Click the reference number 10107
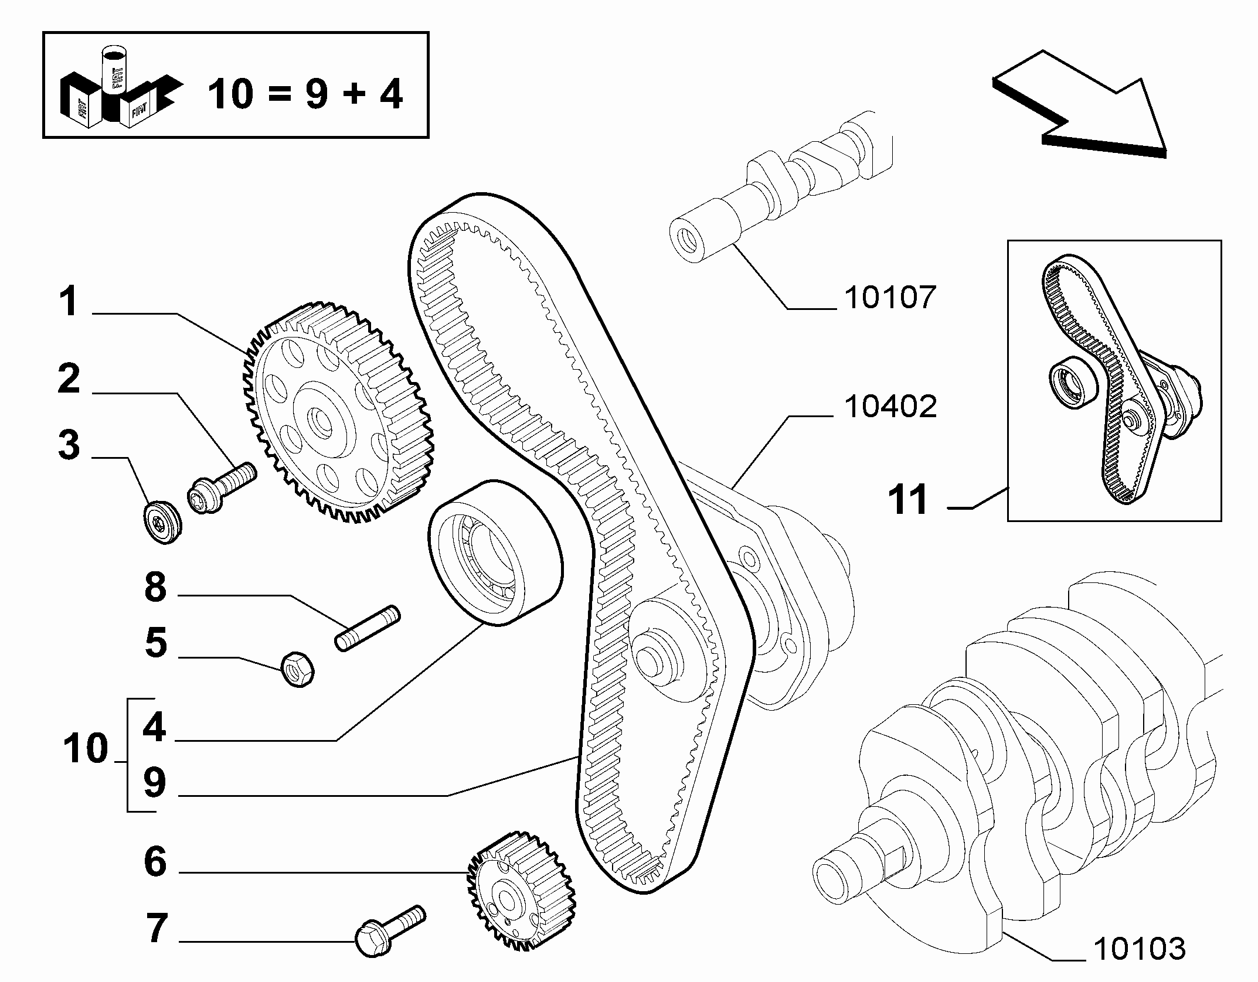coord(890,298)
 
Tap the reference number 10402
coord(890,407)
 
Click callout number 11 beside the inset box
coord(908,499)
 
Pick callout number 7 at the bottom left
coord(156,945)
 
